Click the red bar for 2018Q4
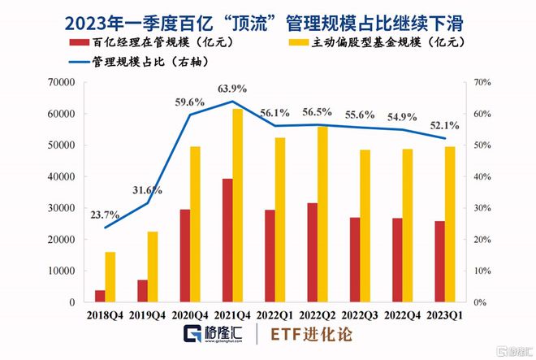click(100, 296)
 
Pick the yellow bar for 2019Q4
click(153, 267)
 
